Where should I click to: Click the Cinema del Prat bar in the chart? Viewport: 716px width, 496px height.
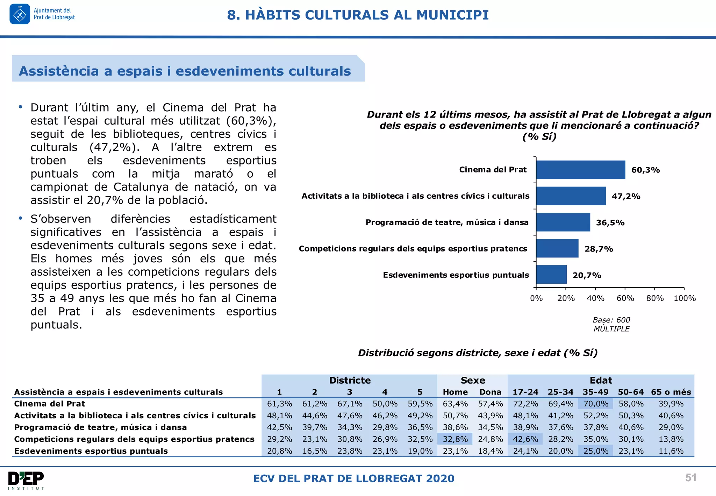[x=580, y=170]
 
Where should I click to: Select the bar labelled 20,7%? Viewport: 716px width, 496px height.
[x=551, y=275]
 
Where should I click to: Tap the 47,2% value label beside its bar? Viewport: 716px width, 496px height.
[x=626, y=196]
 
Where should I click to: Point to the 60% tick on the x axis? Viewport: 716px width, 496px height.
[x=625, y=298]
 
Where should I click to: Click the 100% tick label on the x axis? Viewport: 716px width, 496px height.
[x=685, y=298]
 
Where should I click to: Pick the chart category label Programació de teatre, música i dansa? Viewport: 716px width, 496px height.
[x=447, y=222]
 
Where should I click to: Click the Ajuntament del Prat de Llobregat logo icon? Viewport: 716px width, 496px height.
[x=20, y=14]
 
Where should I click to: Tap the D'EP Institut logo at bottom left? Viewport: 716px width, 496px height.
[x=26, y=480]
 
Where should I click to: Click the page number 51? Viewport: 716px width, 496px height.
[x=691, y=478]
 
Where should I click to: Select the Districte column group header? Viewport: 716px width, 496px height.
[x=350, y=380]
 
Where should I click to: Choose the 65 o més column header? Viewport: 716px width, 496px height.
[x=671, y=392]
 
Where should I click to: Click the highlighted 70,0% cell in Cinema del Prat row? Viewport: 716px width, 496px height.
[x=596, y=404]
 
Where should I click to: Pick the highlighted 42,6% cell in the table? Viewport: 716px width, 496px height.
[x=525, y=439]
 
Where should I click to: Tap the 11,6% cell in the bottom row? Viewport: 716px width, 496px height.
[x=671, y=451]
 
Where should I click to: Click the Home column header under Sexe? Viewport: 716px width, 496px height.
[x=455, y=392]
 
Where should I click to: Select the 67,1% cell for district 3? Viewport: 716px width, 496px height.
[x=350, y=404]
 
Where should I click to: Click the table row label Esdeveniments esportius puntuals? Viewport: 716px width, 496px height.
[x=91, y=451]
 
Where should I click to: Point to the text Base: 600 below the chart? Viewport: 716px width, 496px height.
[x=611, y=320]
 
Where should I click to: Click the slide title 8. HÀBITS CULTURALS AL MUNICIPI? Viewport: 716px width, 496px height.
[x=358, y=15]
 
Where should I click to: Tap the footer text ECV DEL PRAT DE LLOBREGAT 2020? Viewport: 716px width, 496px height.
[x=353, y=478]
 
